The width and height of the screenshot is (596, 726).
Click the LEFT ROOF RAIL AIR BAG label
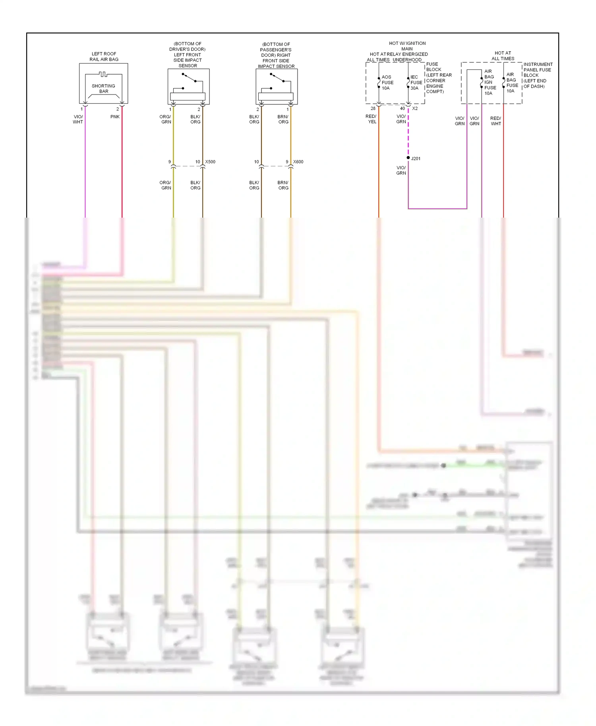click(x=104, y=56)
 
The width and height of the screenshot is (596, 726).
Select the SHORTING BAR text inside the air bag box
click(x=103, y=89)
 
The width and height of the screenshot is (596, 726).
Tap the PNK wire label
click(x=115, y=117)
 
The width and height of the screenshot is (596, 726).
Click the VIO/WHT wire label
click(x=78, y=119)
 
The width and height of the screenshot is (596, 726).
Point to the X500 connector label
click(x=210, y=162)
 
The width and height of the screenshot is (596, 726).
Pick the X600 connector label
click(x=298, y=162)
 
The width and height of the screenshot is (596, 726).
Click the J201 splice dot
click(x=408, y=158)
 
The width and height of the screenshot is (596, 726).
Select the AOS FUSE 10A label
click(x=387, y=83)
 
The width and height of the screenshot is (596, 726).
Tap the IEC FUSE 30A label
click(x=416, y=83)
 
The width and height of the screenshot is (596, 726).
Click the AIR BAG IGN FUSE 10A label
click(x=490, y=82)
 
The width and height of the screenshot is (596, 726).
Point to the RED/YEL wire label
click(x=371, y=119)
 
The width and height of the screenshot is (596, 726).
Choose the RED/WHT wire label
click(x=495, y=121)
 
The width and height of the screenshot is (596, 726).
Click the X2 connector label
click(x=415, y=108)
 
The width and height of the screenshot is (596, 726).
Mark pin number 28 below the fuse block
click(x=373, y=108)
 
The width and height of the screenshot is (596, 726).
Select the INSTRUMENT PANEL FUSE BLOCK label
click(x=538, y=75)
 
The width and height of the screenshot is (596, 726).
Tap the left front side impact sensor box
click(x=188, y=87)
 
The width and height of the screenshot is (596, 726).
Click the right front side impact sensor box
click(x=277, y=87)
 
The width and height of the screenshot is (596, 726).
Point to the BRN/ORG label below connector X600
click(x=283, y=185)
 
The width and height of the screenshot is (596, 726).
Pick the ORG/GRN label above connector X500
click(x=166, y=119)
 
